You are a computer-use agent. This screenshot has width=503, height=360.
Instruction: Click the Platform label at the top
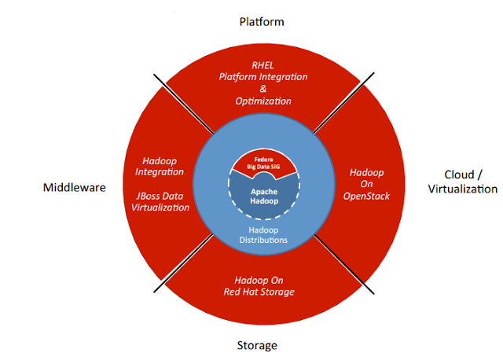pos(262,21)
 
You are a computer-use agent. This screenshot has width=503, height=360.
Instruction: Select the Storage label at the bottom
pos(257,344)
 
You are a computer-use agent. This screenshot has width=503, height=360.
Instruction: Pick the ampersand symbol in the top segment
pos(263,90)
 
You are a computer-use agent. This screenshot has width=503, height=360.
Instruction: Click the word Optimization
pos(263,101)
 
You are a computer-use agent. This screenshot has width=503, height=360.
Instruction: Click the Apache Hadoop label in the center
pos(262,195)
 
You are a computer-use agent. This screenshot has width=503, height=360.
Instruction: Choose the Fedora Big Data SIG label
pos(262,163)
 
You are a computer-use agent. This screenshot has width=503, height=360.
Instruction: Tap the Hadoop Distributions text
pos(262,234)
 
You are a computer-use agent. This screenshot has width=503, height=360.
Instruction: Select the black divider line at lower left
pos(182,263)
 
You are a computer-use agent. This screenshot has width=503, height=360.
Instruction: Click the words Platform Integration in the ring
pos(263,78)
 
